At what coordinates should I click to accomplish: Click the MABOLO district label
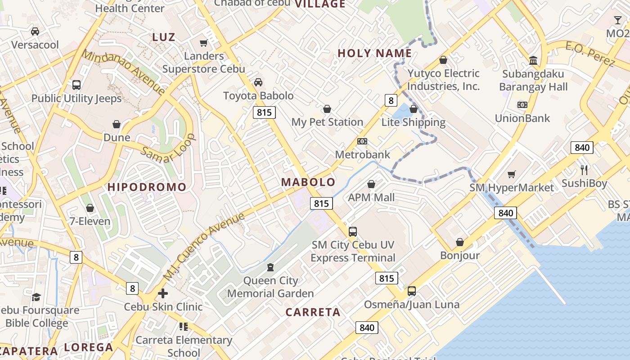click(308, 182)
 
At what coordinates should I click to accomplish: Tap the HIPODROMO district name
click(147, 187)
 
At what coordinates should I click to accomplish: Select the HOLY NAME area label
click(375, 54)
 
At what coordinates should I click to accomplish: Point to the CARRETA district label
click(313, 312)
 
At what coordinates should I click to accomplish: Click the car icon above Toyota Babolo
click(258, 82)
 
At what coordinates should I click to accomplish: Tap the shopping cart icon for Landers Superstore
click(203, 43)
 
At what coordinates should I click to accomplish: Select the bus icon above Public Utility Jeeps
click(76, 85)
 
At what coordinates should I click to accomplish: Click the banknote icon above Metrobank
click(362, 141)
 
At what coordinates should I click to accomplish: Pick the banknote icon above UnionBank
click(522, 105)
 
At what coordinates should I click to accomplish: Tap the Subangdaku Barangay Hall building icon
click(533, 60)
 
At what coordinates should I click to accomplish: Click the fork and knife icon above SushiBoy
click(584, 170)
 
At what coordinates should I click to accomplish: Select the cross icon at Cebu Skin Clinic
click(163, 294)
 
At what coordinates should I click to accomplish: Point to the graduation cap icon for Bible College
click(36, 297)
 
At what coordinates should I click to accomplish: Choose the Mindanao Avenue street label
click(123, 72)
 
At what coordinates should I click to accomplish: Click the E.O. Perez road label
click(589, 54)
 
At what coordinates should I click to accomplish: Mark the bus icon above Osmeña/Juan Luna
click(412, 291)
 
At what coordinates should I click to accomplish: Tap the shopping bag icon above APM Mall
click(371, 184)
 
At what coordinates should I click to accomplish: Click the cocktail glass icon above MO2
click(618, 20)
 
